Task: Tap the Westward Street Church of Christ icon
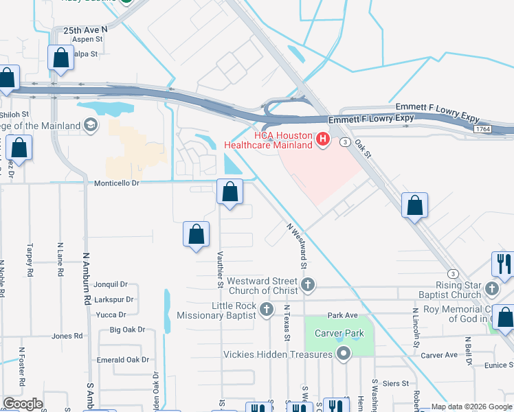[x=309, y=284]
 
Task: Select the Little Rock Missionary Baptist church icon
[x=267, y=310]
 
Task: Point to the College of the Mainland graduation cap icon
[x=90, y=125]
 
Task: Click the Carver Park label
[x=337, y=333]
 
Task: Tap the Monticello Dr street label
[x=116, y=183]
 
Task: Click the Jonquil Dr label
[x=111, y=284]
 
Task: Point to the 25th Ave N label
[x=86, y=30]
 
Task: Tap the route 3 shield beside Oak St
[x=345, y=142]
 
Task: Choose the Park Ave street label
[x=343, y=315]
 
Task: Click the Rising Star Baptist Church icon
[x=491, y=288]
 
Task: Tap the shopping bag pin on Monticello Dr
[x=230, y=192]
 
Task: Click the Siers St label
[x=395, y=382]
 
